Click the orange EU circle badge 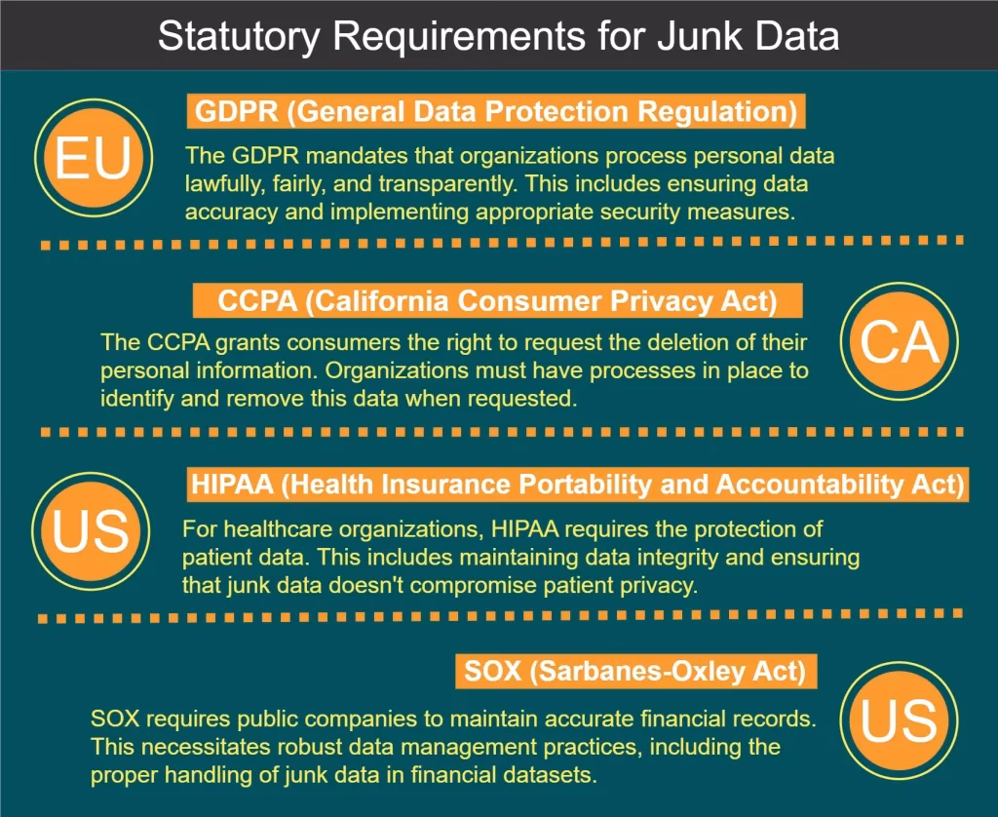tap(94, 158)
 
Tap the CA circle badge tap(900, 341)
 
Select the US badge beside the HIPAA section tap(91, 531)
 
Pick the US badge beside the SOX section tap(899, 720)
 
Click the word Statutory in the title tap(239, 37)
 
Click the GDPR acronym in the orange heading tap(237, 111)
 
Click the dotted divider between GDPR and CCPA tap(502, 243)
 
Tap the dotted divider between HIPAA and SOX tap(500, 616)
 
